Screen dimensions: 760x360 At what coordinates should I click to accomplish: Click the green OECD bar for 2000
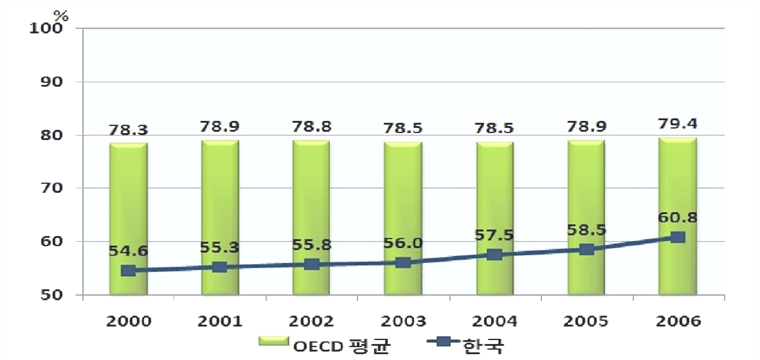(129, 219)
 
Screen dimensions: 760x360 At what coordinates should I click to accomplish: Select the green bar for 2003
(403, 218)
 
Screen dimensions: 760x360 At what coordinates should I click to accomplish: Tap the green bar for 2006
(678, 215)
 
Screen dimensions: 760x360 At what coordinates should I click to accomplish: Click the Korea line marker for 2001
(219, 267)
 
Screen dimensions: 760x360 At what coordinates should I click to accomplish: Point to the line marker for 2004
(494, 255)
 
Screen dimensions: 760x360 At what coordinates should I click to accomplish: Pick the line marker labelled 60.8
(678, 237)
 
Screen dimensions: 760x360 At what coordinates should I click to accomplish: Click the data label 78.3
(129, 130)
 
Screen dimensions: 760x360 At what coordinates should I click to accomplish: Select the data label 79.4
(678, 125)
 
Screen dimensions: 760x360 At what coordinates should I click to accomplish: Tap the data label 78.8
(312, 127)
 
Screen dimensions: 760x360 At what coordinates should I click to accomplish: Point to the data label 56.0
(403, 243)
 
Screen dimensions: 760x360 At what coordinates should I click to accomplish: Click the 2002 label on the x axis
(312, 321)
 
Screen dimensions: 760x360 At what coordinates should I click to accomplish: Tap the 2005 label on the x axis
(586, 321)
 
